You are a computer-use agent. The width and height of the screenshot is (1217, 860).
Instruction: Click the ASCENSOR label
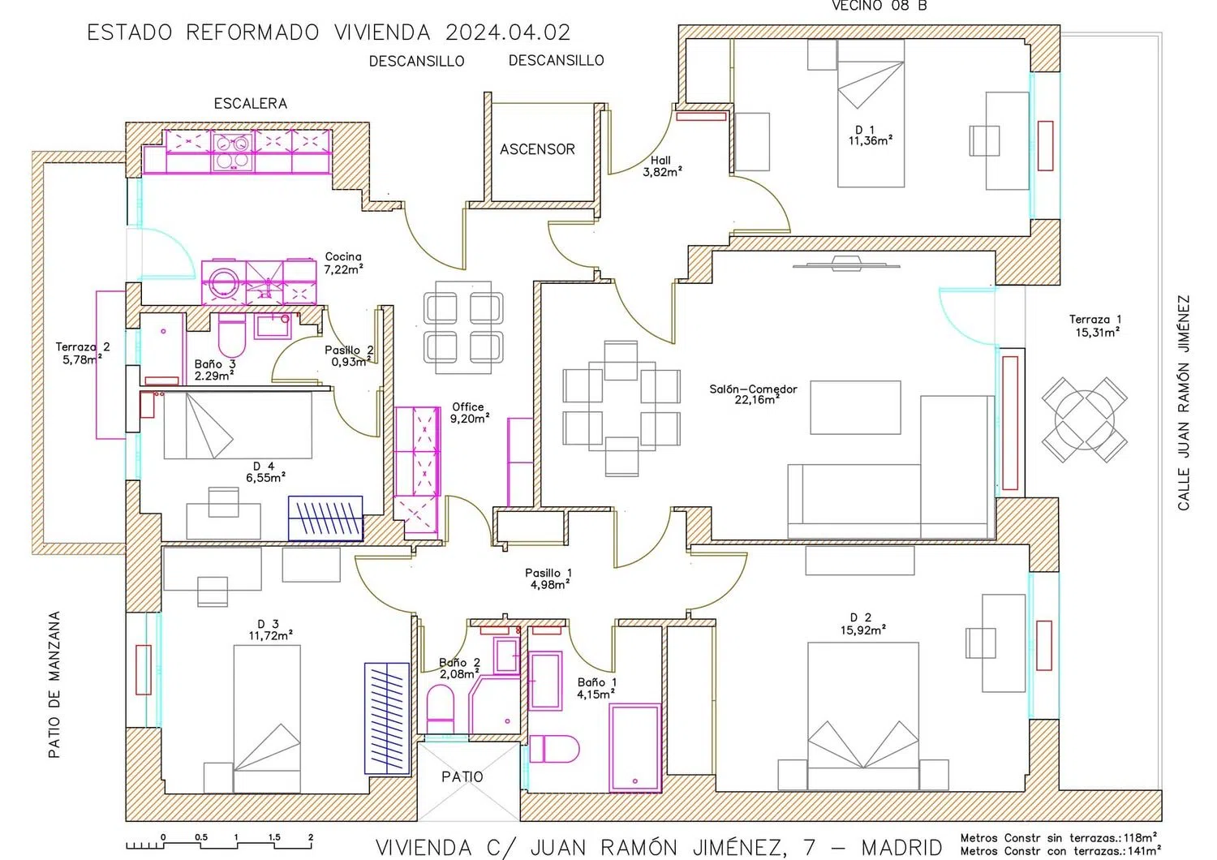(x=537, y=149)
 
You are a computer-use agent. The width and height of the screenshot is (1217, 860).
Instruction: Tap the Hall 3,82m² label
(x=662, y=166)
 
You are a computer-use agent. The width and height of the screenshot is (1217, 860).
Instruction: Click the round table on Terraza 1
(x=1085, y=419)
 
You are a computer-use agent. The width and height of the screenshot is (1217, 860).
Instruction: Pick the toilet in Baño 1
(x=554, y=749)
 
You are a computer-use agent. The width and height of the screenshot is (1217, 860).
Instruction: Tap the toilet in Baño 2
(x=440, y=709)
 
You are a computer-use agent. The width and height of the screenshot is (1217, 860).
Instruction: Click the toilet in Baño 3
(x=232, y=335)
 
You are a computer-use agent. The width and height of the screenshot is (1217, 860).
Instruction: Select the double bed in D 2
(x=862, y=716)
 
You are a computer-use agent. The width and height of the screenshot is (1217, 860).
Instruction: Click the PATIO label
(x=462, y=777)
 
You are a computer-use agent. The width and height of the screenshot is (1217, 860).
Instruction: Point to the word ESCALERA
(x=251, y=104)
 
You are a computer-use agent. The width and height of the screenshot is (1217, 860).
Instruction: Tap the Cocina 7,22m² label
(x=343, y=263)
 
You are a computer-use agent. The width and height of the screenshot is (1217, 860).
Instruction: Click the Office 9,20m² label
(x=470, y=413)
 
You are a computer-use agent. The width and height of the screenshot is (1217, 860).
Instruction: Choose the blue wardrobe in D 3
(x=387, y=718)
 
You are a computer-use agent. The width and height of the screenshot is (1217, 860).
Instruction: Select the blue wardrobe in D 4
(x=325, y=518)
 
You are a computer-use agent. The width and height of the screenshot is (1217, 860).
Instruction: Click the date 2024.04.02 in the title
(x=508, y=32)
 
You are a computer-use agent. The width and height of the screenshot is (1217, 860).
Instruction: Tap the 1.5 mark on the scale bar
(x=274, y=837)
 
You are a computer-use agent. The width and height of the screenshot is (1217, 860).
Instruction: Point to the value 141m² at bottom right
(x=1145, y=851)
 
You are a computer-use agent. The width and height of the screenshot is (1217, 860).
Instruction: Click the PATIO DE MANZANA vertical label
(x=54, y=685)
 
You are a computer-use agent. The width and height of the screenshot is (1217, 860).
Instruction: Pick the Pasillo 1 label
(x=548, y=578)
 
